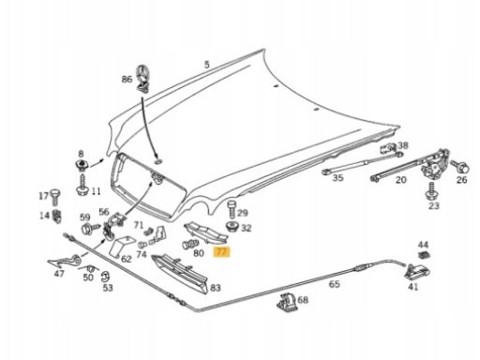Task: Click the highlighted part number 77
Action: point(221,252)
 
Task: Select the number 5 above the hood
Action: point(206,65)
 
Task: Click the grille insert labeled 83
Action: point(181,274)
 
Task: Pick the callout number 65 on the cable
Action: point(335,284)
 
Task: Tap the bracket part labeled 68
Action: point(287,302)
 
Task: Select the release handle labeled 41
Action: point(416,272)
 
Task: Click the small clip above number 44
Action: point(424,255)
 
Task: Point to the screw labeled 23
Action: point(431,191)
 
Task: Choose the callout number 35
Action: point(337,178)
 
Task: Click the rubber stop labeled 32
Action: point(232,226)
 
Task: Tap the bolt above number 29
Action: point(232,209)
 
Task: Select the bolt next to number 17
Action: point(55,197)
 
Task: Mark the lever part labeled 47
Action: point(65,261)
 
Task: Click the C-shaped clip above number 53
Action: point(105,277)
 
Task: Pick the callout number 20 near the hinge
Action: point(401,180)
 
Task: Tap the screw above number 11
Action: point(82,186)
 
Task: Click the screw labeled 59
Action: point(90,229)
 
